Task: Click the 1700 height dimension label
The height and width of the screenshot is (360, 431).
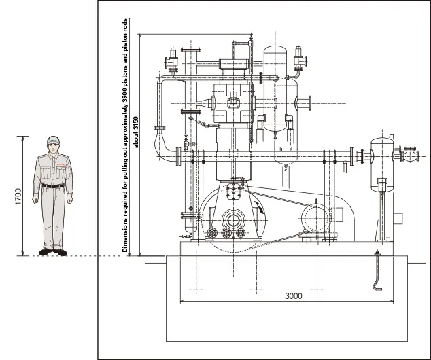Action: point(18,196)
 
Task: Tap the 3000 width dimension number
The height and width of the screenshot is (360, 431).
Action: point(293,296)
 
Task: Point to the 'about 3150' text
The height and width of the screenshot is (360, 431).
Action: point(136,132)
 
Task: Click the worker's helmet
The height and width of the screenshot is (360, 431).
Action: point(53,139)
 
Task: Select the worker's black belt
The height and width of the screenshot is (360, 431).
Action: point(53,186)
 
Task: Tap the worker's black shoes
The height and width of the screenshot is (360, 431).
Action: point(53,251)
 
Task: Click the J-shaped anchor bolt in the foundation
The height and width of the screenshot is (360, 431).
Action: point(377,270)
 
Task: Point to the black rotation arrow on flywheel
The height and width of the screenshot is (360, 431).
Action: point(259,207)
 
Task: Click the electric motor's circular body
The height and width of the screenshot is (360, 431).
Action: point(315,219)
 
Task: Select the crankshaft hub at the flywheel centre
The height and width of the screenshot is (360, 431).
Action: point(233,220)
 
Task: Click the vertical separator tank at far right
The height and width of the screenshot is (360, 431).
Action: point(382,164)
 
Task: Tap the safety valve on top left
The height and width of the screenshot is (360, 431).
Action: point(172,61)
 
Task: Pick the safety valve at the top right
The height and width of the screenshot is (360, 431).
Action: point(299,59)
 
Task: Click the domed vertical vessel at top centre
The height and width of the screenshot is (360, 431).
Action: point(275,88)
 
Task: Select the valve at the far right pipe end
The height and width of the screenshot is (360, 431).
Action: point(411,154)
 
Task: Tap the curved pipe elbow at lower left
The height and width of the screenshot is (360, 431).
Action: point(163,147)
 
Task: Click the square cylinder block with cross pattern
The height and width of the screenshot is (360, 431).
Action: point(233,103)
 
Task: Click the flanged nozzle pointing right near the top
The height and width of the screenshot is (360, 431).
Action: point(303,103)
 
